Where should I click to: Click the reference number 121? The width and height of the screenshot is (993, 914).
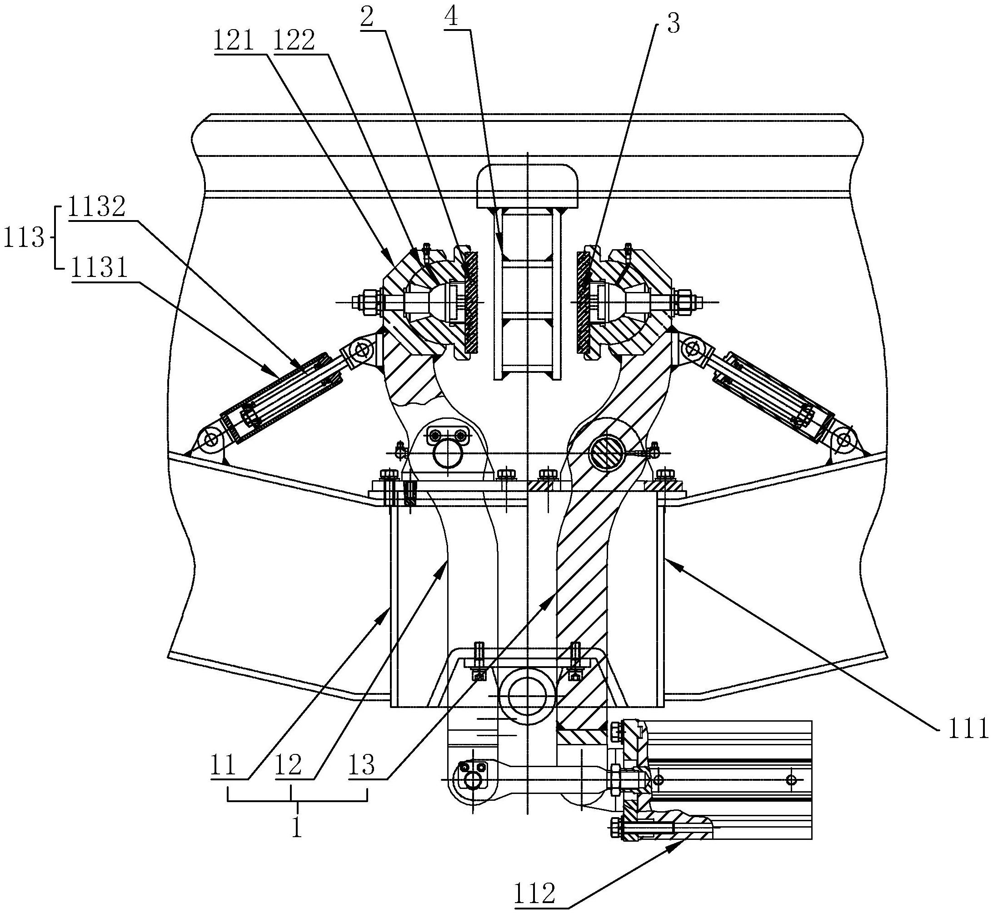(x=233, y=41)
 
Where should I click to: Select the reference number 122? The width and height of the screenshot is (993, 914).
(x=294, y=41)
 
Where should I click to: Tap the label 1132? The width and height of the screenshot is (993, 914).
(x=96, y=208)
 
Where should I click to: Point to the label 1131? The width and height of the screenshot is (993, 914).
(x=99, y=270)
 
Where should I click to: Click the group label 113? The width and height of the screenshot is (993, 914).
(x=24, y=238)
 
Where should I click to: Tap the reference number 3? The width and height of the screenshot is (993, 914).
(x=673, y=24)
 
